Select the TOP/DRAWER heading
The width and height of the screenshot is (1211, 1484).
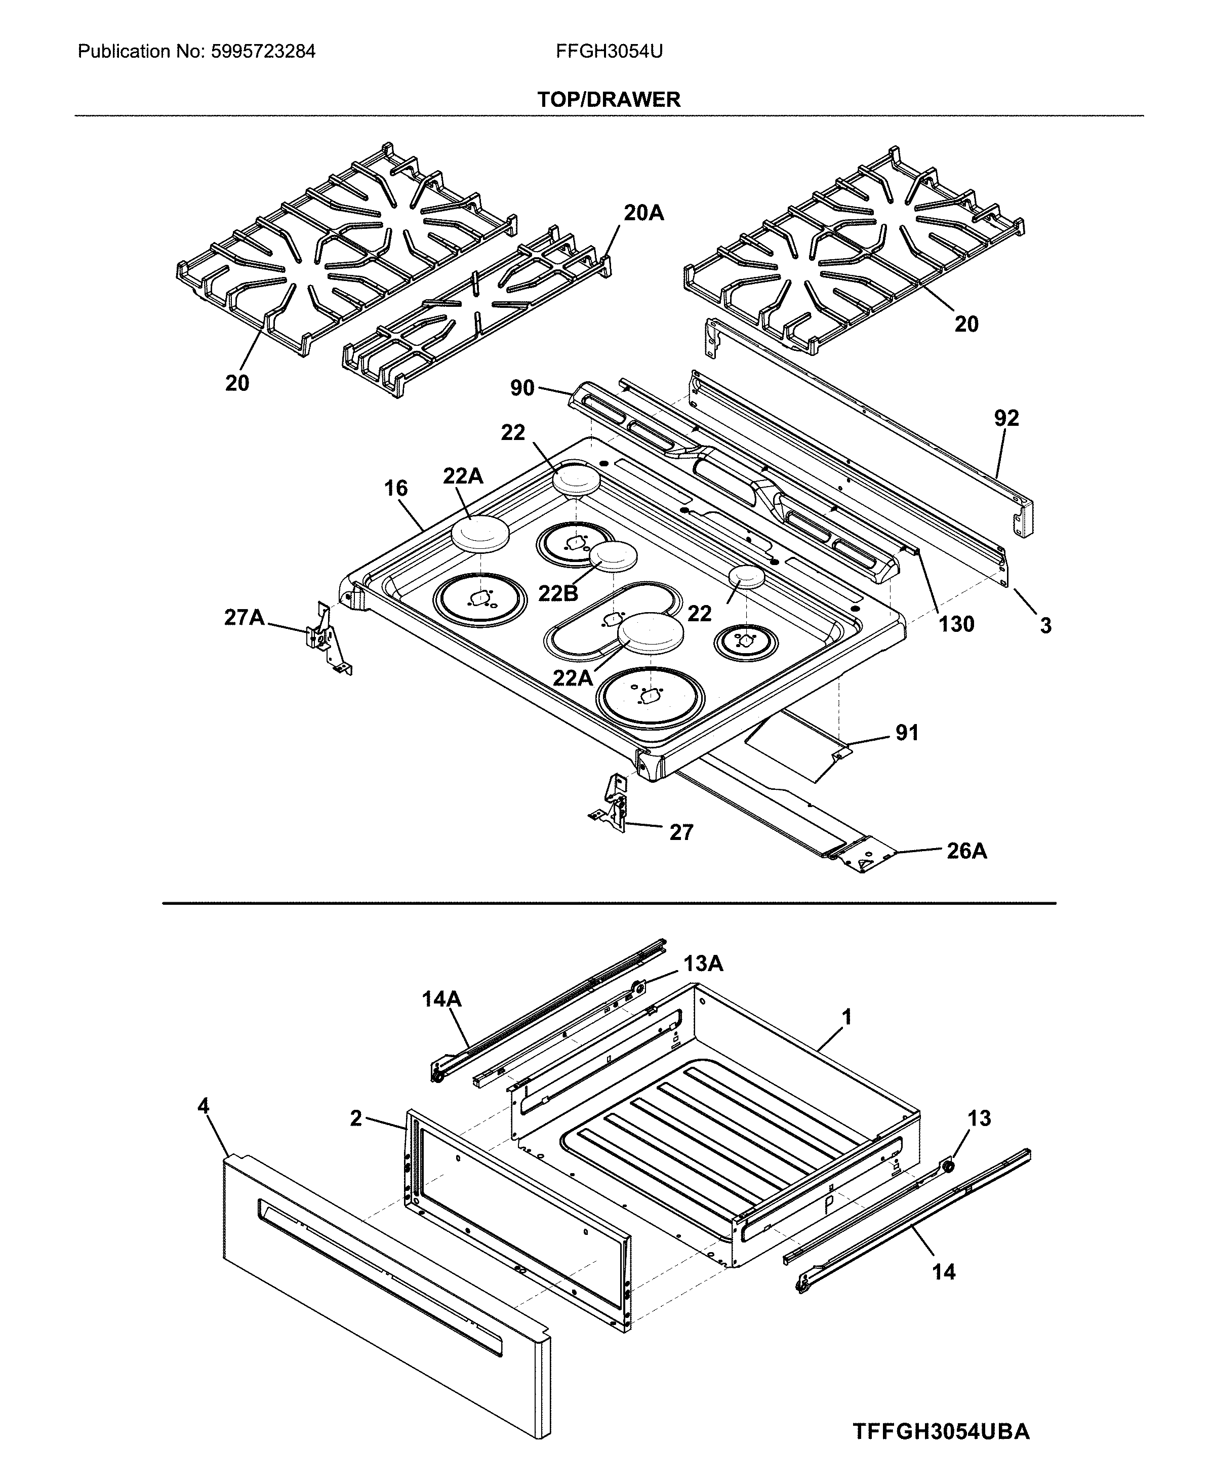point(609,100)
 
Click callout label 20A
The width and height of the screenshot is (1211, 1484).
point(643,213)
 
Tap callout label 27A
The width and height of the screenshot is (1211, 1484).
point(244,618)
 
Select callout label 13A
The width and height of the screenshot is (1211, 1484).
point(703,964)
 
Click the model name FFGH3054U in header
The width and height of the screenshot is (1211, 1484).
point(609,52)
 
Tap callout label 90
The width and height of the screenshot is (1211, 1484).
point(522,388)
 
